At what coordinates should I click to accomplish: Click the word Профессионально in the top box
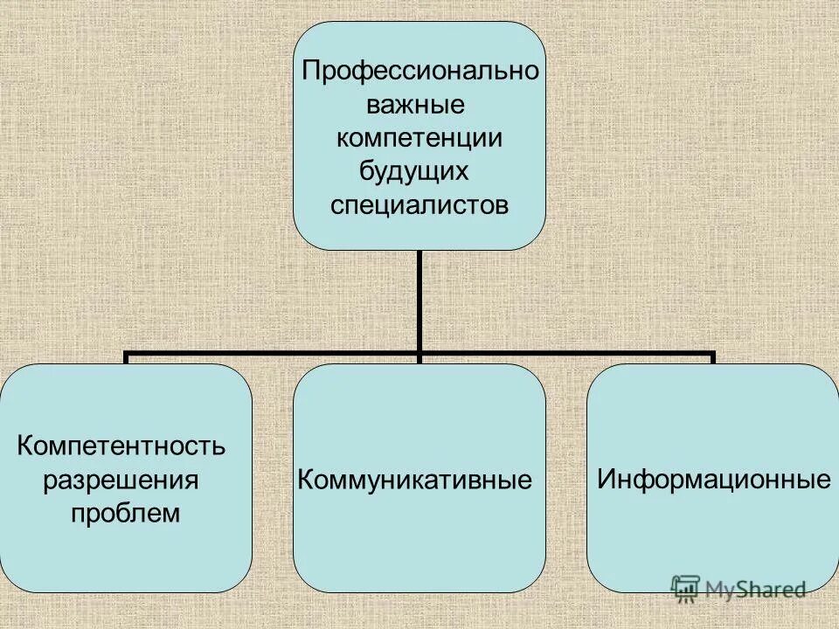(419, 71)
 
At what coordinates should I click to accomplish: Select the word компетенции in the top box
(419, 138)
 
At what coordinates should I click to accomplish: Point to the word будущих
(414, 171)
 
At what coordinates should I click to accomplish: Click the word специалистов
(419, 205)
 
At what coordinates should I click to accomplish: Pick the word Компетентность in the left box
(121, 446)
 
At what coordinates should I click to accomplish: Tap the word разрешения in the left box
(121, 480)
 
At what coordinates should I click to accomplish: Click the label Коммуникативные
(415, 480)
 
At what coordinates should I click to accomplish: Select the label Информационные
(713, 480)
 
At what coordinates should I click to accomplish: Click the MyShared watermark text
(757, 590)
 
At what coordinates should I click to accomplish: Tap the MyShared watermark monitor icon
(686, 588)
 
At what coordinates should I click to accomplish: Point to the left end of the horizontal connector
(127, 356)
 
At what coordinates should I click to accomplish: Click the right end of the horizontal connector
(712, 356)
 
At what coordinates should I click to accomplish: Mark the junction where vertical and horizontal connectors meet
(419, 355)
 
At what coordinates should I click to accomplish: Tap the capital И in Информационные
(605, 480)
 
